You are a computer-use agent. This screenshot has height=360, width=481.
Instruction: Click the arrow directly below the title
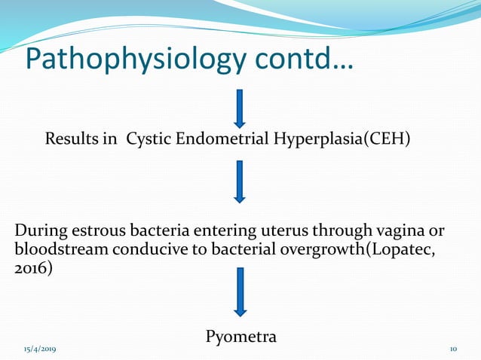pyautogui.click(x=240, y=108)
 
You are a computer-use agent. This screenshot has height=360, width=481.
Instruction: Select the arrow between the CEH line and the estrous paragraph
pyautogui.click(x=240, y=182)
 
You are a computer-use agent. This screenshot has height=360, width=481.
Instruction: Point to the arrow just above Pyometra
pyautogui.click(x=240, y=292)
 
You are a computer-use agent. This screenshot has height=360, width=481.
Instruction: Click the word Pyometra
pyautogui.click(x=240, y=337)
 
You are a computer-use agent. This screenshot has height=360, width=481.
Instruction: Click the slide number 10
pyautogui.click(x=453, y=350)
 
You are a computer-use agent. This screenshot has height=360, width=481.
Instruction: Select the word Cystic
pyautogui.click(x=147, y=140)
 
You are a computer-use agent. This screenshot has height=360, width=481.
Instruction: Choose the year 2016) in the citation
pyautogui.click(x=35, y=269)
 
